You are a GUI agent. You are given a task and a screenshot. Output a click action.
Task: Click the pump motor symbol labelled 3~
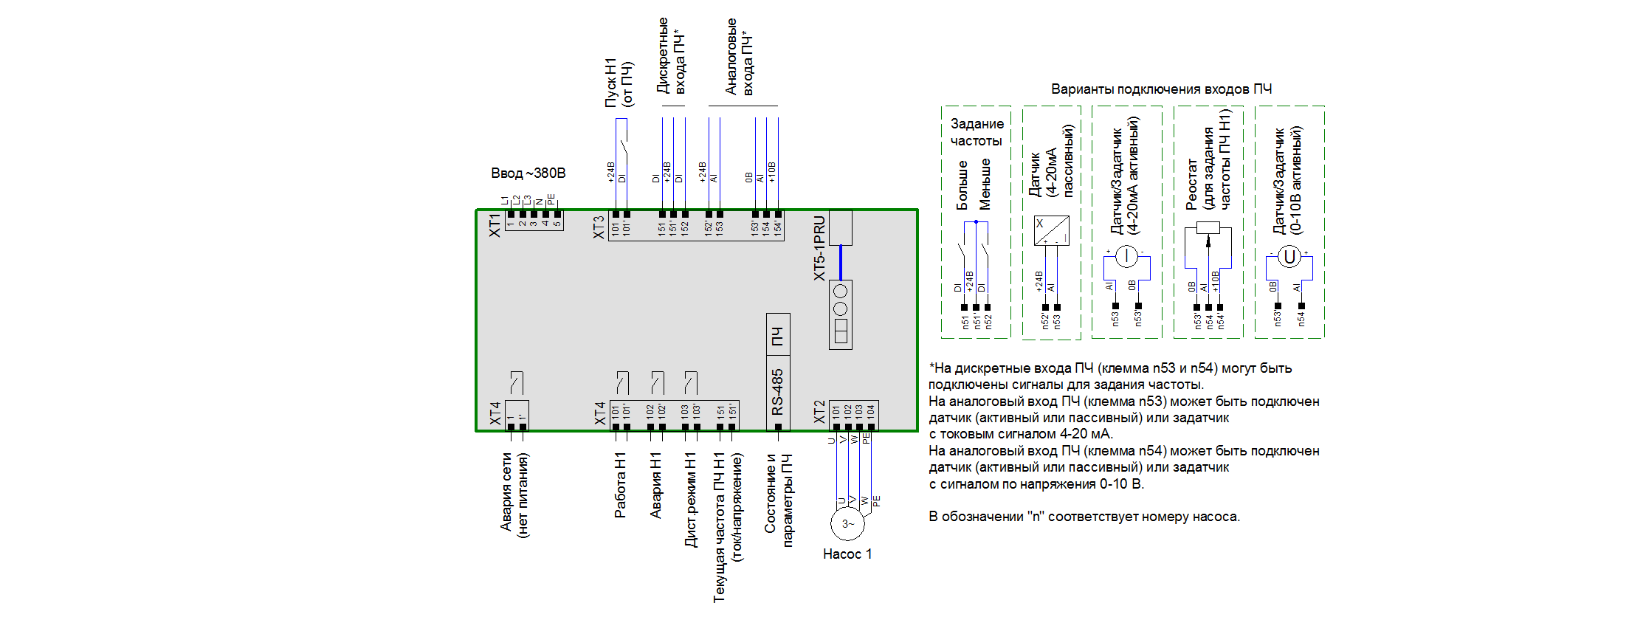click(847, 523)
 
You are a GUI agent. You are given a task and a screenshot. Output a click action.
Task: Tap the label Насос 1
click(847, 554)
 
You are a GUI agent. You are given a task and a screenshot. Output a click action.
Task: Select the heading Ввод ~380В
click(528, 173)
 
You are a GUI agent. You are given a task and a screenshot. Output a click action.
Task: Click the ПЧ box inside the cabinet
click(778, 336)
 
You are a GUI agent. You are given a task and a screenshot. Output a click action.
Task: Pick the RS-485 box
click(778, 393)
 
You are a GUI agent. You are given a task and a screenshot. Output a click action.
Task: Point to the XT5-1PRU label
click(819, 248)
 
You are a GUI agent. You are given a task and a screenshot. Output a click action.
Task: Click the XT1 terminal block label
click(495, 225)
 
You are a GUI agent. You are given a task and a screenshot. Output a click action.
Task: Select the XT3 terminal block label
click(599, 227)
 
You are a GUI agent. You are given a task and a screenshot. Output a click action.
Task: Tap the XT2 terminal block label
click(819, 412)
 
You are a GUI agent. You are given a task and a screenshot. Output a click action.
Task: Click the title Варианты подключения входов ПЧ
click(1161, 89)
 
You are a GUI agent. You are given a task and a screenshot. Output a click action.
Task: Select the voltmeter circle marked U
click(1289, 257)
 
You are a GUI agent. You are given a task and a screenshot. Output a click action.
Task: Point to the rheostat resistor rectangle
click(1208, 228)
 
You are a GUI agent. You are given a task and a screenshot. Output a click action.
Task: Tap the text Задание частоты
click(977, 132)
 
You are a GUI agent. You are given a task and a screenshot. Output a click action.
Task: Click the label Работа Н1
click(621, 485)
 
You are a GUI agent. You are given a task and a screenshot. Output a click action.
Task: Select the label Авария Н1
click(655, 485)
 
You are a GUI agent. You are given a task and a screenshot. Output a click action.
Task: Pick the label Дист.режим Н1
click(691, 500)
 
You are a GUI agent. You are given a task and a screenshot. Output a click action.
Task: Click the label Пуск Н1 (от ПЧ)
click(619, 83)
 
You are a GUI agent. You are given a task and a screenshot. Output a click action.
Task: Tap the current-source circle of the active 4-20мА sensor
click(1126, 257)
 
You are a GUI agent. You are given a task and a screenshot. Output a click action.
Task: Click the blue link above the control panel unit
click(841, 262)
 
